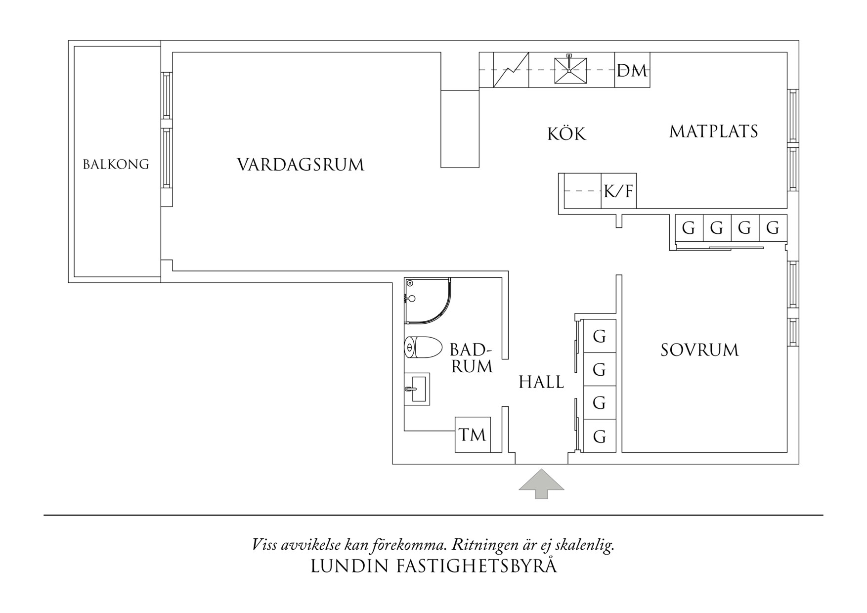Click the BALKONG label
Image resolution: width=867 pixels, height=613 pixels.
point(116,164)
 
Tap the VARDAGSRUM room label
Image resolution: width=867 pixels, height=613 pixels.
point(300,165)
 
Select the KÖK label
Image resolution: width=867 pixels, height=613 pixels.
point(566,134)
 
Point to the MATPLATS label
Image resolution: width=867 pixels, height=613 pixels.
point(713,131)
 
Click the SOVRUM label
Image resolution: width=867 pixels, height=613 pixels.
point(699,350)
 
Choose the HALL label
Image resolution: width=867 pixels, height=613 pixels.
point(541,382)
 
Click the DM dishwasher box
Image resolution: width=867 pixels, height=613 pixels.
point(632,71)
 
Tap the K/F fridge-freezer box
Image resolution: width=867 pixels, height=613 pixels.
point(618,191)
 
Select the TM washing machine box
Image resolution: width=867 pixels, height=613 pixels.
point(473,435)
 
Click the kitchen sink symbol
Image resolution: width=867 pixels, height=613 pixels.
point(570,71)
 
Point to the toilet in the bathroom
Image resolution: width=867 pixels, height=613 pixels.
point(423,348)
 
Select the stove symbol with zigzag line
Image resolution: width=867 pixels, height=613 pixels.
point(511,71)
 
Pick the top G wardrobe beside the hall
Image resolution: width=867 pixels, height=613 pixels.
point(599,336)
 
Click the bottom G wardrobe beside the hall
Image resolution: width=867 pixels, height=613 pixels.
point(599,437)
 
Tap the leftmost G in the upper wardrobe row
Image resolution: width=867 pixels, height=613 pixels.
point(688,228)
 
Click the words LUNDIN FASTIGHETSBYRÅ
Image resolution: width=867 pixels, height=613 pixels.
point(433,567)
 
